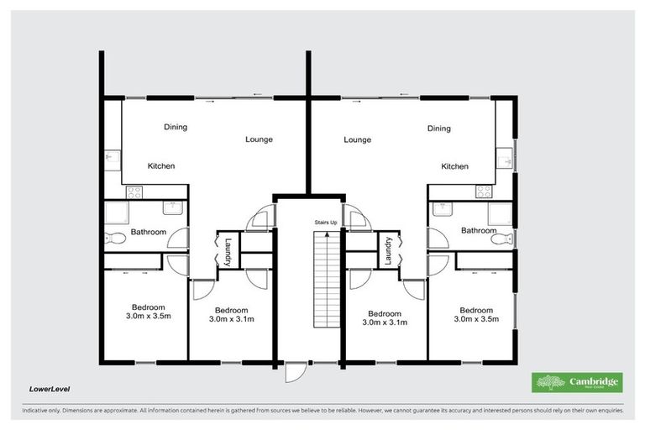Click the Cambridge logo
coord(579,382)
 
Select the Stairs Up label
coord(326,223)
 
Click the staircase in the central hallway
coord(324,281)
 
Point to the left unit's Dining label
coord(176,128)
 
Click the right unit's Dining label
coord(438,128)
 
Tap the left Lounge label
coord(259,139)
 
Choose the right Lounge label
coord(357,139)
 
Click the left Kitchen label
coord(161,166)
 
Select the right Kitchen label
coord(454,166)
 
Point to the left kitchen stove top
coord(133,191)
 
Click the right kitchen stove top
coord(484,191)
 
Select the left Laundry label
coord(228,252)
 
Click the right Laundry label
coord(389,252)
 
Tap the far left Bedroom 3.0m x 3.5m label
coord(148,313)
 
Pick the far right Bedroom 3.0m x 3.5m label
coord(476,313)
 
